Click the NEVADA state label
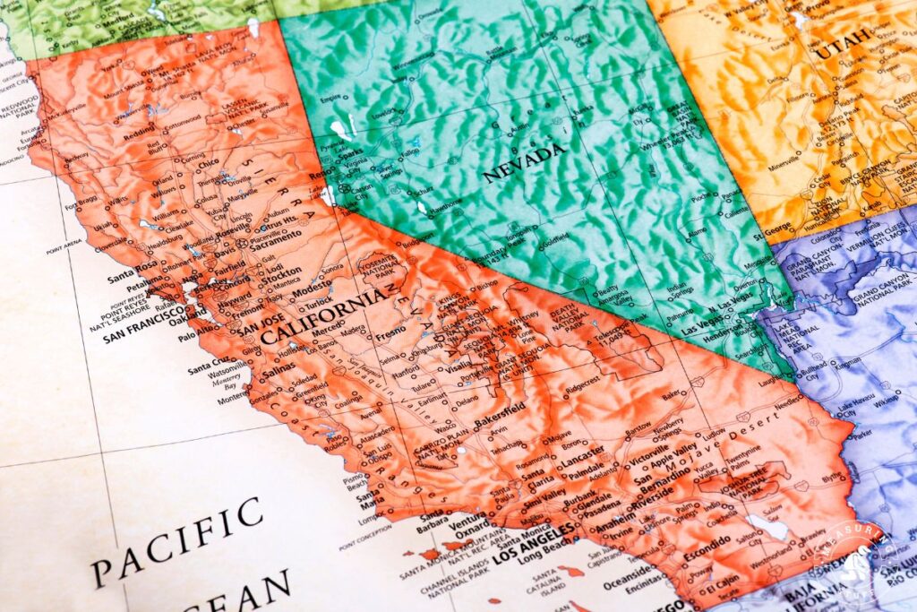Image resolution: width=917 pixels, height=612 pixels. pos(525,163)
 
